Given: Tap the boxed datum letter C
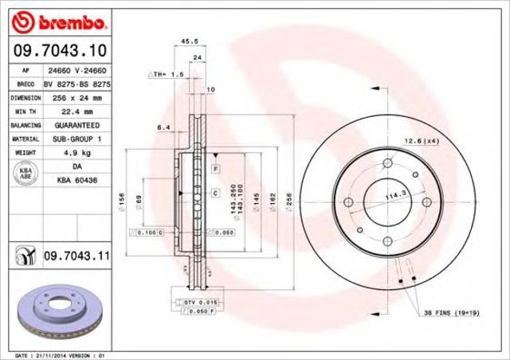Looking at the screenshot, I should [x=215, y=194].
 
